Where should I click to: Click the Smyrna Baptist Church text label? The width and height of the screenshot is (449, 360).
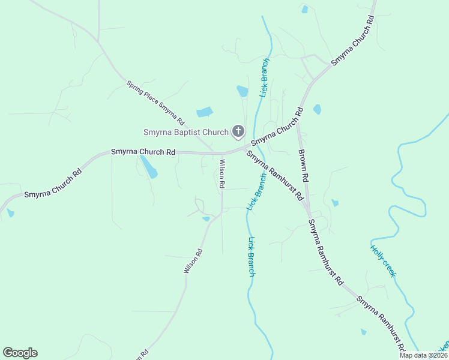pyautogui.click(x=185, y=132)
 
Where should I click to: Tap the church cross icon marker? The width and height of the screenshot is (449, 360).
pyautogui.click(x=238, y=131)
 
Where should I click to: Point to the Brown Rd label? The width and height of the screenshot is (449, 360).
pyautogui.click(x=304, y=166)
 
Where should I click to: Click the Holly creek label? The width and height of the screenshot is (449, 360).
pyautogui.click(x=383, y=261)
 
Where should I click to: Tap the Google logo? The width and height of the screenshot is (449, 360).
pyautogui.click(x=20, y=353)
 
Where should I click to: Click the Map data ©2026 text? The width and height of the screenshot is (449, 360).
pyautogui.click(x=423, y=355)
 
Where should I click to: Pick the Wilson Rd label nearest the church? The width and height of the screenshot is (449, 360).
pyautogui.click(x=221, y=174)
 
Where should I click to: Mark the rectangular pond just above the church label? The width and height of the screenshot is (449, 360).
pyautogui.click(x=205, y=112)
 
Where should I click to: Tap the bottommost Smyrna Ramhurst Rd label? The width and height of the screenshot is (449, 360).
pyautogui.click(x=380, y=323)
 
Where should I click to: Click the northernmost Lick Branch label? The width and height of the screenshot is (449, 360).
pyautogui.click(x=264, y=77)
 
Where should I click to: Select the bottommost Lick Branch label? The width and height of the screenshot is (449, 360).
pyautogui.click(x=252, y=256)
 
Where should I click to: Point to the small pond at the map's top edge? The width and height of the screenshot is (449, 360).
pyautogui.click(x=305, y=9)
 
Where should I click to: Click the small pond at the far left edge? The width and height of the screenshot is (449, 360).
pyautogui.click(x=10, y=213)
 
